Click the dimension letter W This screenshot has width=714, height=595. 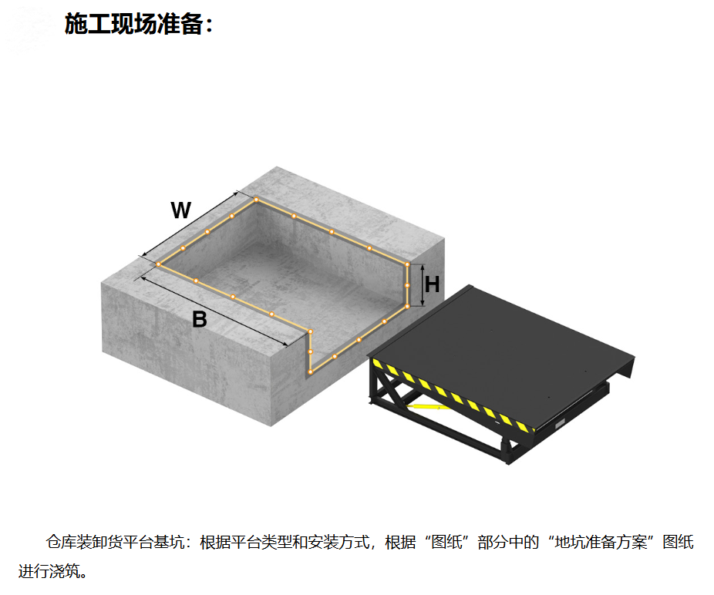[x=180, y=210]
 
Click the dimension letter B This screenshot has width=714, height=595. [x=200, y=319]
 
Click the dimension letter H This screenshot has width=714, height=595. [x=432, y=284]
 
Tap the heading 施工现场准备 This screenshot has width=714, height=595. [x=133, y=24]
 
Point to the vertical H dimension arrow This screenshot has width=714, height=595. [x=423, y=285]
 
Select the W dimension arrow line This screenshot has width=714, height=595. [x=190, y=224]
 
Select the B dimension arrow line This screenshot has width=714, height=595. [x=214, y=311]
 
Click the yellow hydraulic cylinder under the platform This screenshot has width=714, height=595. [x=428, y=405]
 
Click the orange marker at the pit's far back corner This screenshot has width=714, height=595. [x=256, y=200]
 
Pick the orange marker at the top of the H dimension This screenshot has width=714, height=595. [x=408, y=264]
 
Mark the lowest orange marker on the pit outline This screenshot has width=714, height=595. [x=311, y=372]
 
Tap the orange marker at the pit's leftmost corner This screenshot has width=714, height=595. [x=159, y=264]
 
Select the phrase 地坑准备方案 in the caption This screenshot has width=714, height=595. [x=601, y=542]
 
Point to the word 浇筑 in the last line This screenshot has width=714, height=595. [x=64, y=571]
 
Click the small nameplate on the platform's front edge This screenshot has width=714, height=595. [x=560, y=424]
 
